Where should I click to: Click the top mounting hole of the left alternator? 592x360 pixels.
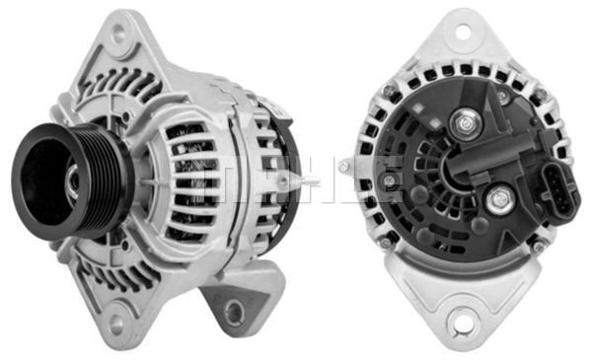click(x=118, y=35)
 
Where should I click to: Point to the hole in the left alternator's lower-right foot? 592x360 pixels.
click(x=234, y=313)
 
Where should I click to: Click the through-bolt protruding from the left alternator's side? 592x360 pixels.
click(x=283, y=181)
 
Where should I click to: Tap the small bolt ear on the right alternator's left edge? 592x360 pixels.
click(x=344, y=167)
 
